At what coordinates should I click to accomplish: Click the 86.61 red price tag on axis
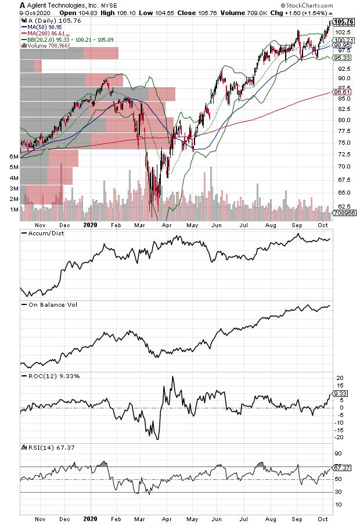coord(341,92)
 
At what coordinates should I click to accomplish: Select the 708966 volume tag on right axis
coord(343,214)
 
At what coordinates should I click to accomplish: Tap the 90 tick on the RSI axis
coord(337,454)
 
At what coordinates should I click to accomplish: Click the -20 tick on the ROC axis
coord(338,437)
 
